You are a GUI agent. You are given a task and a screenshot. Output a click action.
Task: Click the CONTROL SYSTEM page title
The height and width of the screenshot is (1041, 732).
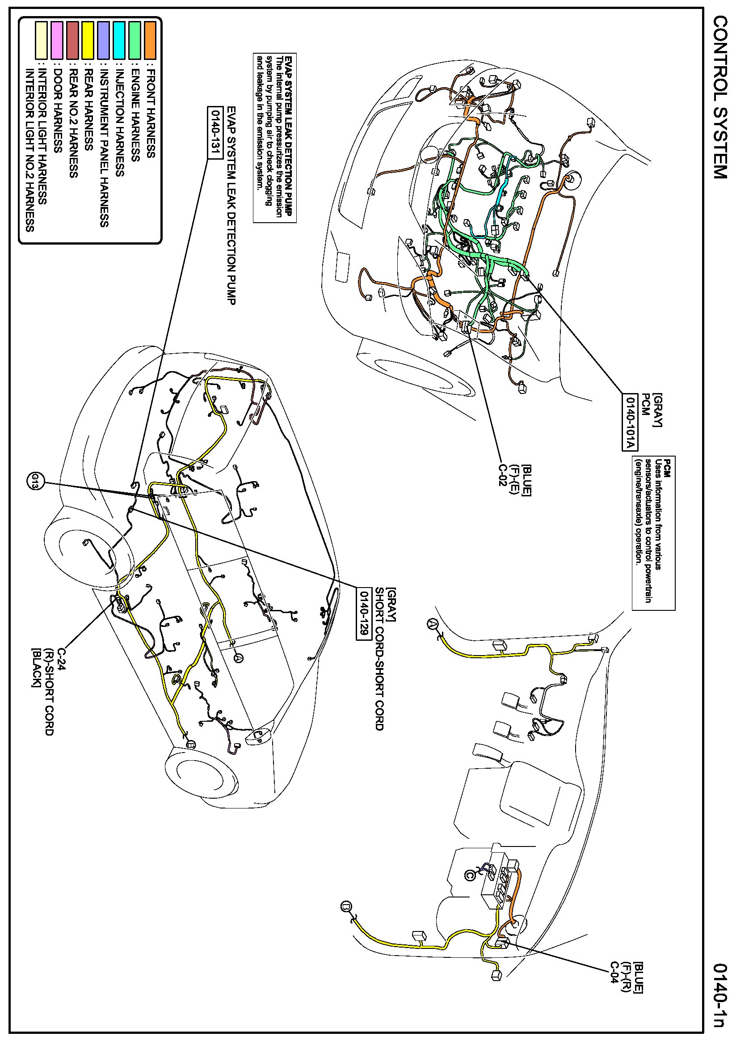pos(719,97)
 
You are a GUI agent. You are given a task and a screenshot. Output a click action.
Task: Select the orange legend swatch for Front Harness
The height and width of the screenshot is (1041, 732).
pos(150,40)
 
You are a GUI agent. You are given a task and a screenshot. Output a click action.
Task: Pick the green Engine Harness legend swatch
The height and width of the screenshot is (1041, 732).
pos(135,40)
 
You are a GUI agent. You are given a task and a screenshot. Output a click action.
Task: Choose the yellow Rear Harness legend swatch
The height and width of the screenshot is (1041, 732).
pos(88,40)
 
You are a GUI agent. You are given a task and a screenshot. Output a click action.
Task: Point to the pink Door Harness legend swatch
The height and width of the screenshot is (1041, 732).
pos(57,40)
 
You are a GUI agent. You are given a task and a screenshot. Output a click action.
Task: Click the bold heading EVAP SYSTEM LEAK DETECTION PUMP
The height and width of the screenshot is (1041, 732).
pos(290,136)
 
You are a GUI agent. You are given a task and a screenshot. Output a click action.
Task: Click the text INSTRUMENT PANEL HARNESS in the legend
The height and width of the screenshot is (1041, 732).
pos(104,148)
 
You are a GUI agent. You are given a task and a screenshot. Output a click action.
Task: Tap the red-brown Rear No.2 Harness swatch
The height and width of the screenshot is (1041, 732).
pos(72,40)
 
